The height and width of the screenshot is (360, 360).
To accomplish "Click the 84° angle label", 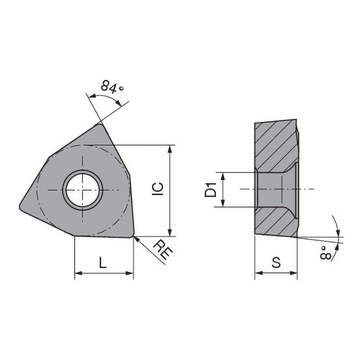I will pyautogui.click(x=112, y=86).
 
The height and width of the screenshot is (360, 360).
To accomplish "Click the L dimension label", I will pyautogui.click(x=103, y=264).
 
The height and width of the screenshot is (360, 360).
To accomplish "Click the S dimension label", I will pyautogui.click(x=276, y=263).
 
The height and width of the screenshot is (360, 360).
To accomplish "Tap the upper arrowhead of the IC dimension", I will pyautogui.click(x=170, y=148).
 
